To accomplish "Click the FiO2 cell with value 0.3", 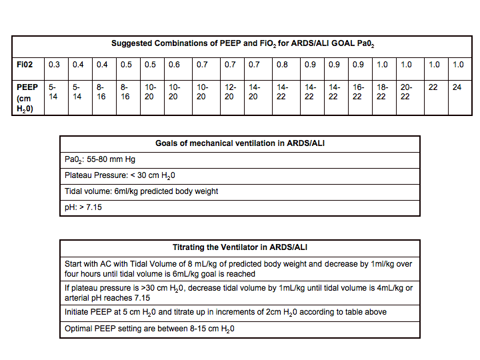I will (54, 65).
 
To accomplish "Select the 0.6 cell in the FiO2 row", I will (174, 65).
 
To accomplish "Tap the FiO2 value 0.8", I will (282, 65).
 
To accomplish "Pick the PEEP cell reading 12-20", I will (230, 92).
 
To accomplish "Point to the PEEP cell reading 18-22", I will (381, 92).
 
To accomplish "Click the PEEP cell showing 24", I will (457, 87).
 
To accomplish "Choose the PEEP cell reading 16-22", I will (357, 92).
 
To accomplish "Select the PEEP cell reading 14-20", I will (255, 92).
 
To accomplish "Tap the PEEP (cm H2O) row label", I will (27, 98).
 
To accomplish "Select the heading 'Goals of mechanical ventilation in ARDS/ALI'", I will (240, 143).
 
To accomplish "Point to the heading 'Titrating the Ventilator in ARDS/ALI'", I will (240, 247).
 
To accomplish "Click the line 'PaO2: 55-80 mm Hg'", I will (99, 159).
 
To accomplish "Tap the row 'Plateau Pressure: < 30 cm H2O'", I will (121, 175).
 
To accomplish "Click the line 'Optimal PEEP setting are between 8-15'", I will (150, 329).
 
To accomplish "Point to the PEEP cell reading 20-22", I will (406, 92).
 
